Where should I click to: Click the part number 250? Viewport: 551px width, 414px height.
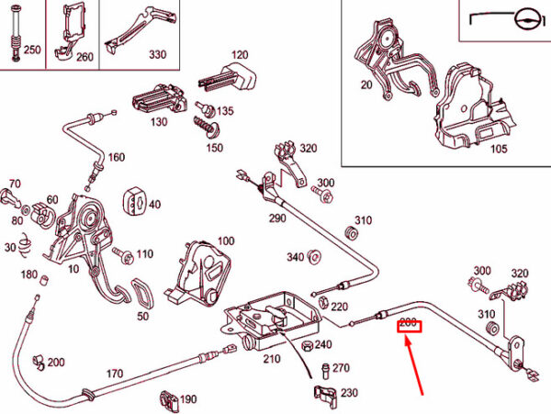click(x=32, y=50)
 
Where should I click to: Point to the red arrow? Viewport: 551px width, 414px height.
click(x=414, y=365)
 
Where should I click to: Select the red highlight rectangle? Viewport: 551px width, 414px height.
click(x=409, y=326)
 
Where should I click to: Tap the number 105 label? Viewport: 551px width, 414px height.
click(x=499, y=149)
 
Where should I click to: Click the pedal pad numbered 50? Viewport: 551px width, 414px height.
click(x=142, y=293)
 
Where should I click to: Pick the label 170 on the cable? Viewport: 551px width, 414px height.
click(x=115, y=374)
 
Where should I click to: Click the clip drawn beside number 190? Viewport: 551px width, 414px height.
click(x=169, y=400)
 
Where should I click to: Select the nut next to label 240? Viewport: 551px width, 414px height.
click(x=307, y=346)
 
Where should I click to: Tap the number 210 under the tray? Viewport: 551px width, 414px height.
click(x=272, y=359)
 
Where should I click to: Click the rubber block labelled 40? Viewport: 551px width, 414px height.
click(x=134, y=204)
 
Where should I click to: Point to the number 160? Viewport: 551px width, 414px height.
click(x=117, y=157)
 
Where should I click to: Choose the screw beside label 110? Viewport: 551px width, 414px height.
click(x=124, y=255)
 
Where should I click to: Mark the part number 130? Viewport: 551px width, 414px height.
click(x=159, y=122)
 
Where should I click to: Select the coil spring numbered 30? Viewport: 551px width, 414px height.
click(x=24, y=245)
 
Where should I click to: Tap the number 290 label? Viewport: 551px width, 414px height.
click(x=277, y=218)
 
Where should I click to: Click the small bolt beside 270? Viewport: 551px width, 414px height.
click(x=325, y=371)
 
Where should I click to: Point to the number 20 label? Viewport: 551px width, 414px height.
click(x=366, y=84)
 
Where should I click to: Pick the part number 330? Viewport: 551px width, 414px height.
click(x=157, y=54)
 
